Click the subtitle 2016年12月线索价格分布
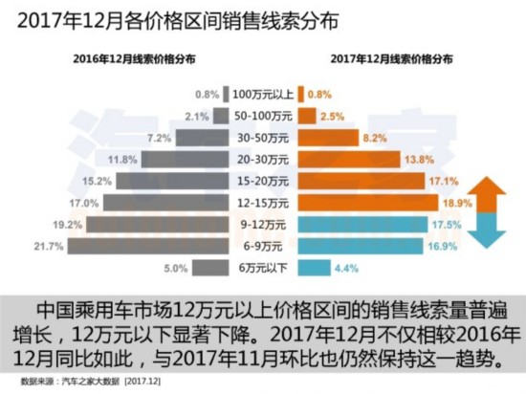click(135, 58)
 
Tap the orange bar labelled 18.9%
click(364, 204)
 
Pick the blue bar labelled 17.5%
click(359, 226)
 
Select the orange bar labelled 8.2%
click(336, 138)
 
